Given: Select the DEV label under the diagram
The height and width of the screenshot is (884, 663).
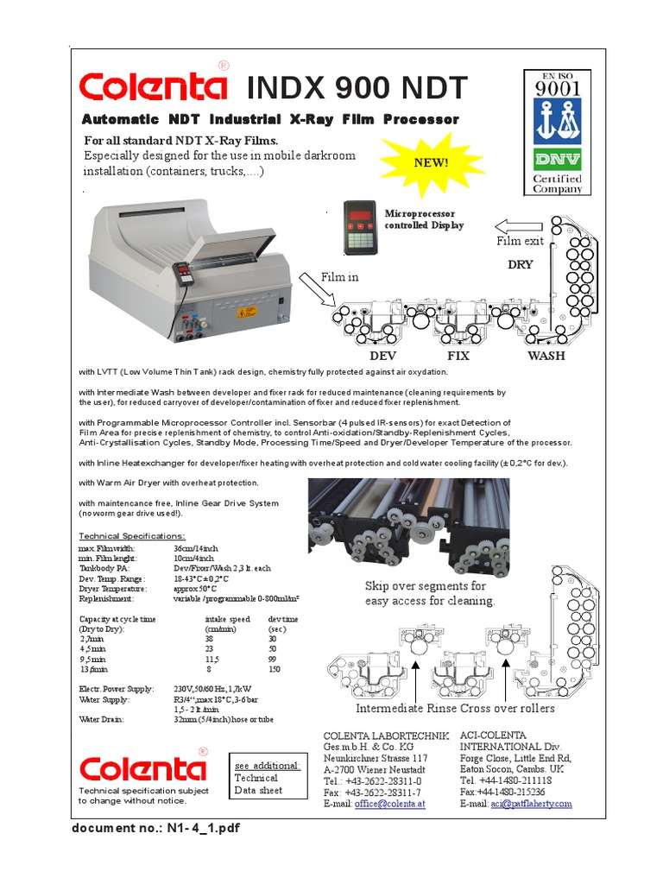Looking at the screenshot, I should tap(382, 355).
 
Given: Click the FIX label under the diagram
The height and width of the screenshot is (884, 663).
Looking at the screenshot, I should tap(458, 355).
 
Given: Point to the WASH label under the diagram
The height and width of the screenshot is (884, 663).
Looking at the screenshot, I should tap(546, 355).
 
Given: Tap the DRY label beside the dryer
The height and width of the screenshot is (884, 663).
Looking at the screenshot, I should tap(520, 265).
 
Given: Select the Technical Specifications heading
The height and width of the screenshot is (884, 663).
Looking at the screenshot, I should tap(132, 536).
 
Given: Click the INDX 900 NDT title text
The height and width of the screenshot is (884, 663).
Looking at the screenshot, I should tap(357, 88).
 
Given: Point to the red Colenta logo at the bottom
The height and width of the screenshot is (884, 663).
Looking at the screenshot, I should tap(142, 767).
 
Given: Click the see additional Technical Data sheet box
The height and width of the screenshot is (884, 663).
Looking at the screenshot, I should tap(268, 778).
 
